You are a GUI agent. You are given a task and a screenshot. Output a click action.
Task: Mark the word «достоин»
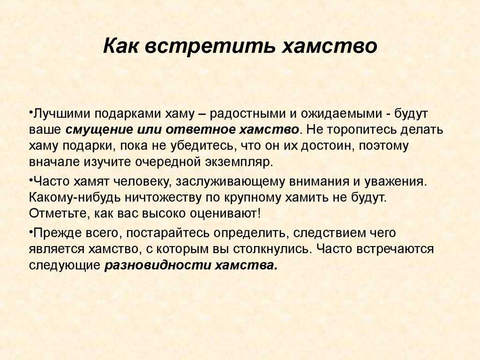point(326,146)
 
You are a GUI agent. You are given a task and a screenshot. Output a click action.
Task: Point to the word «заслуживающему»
point(231,182)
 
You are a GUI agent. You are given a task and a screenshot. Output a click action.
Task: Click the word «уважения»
point(395,182)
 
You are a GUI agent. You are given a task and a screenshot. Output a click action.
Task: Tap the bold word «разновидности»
point(158,265)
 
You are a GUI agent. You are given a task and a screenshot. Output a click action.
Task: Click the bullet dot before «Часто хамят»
point(31,178)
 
